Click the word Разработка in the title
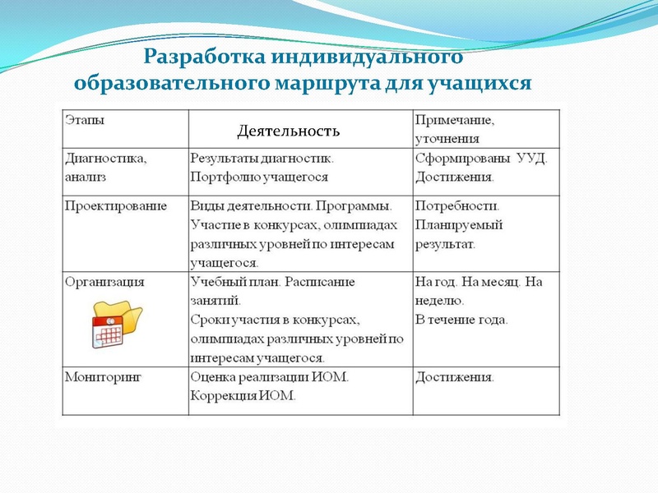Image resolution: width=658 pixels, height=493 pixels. point(198,58)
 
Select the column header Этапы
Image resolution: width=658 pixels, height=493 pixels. point(85,121)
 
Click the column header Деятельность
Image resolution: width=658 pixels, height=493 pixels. point(288,131)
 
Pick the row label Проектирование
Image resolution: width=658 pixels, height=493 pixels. point(115,205)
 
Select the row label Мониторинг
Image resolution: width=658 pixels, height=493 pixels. point(103,377)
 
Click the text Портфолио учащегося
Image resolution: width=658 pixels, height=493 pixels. point(259,177)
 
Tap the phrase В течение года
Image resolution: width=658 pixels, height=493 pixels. point(461,320)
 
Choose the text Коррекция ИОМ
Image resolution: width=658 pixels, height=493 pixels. point(243,395)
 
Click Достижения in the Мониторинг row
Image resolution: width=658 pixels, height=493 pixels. point(455,377)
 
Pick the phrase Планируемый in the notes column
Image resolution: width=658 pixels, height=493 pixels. point(459,225)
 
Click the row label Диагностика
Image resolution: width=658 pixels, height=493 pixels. point(105,157)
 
